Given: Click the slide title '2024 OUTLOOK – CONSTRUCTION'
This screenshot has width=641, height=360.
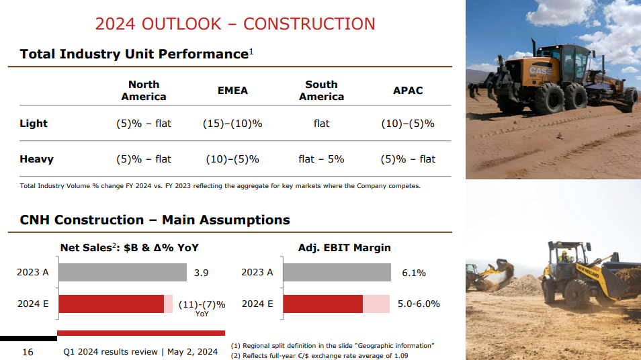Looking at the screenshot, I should tap(235, 24).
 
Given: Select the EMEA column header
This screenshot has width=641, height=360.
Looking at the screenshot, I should tap(232, 91).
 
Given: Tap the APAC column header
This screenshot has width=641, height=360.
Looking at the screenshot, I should tap(408, 91).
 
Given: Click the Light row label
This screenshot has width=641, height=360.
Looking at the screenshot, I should tap(34, 124).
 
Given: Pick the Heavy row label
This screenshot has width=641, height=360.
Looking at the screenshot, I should tap(36, 159).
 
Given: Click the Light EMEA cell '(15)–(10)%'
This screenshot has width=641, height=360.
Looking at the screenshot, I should tap(232, 124).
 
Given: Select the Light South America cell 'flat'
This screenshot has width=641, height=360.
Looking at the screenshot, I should tap(321, 124).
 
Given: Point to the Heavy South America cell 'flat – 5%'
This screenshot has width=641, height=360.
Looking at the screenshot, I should tap(321, 159).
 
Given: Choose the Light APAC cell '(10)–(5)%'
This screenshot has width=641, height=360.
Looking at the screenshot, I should tap(408, 124).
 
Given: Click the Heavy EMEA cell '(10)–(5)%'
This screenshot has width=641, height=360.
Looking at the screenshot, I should tap(232, 159).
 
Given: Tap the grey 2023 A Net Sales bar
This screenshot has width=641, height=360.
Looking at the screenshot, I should tap(122, 273).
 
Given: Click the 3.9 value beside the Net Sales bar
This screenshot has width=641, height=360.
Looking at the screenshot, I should tap(201, 273).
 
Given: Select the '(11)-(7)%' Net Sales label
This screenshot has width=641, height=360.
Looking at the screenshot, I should tap(202, 304).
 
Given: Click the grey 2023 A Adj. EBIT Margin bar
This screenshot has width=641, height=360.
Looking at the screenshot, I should tap(337, 273).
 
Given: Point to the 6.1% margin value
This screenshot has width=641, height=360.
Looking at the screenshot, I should tap(414, 273).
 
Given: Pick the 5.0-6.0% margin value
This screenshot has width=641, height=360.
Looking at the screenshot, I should tap(419, 304).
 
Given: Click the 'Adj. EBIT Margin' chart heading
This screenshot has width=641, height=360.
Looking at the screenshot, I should tap(344, 248).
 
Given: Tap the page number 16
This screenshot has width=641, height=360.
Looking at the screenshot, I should tap(28, 352).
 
